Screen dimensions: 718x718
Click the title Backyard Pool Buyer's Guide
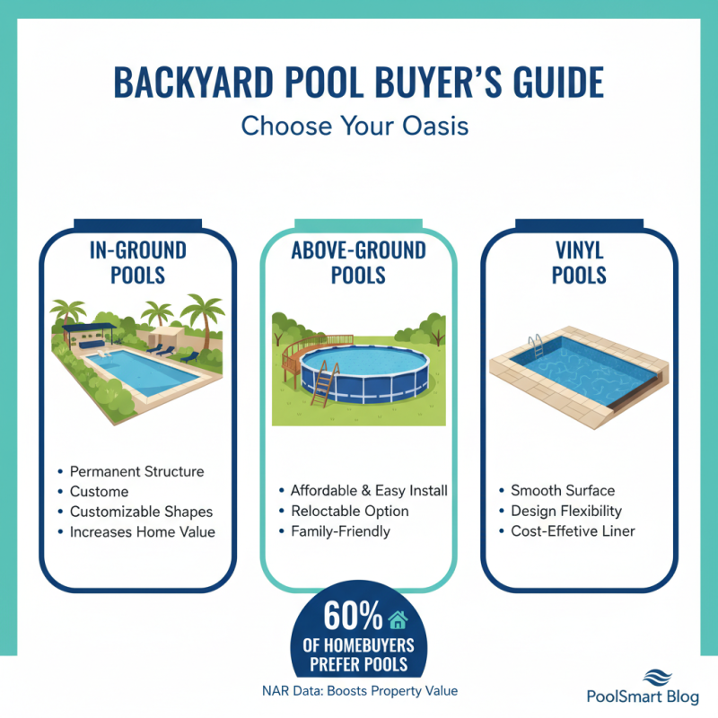click(x=359, y=82)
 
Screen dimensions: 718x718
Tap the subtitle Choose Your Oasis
click(x=359, y=125)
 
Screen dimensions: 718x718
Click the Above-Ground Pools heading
click(x=358, y=262)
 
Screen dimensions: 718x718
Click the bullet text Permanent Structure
click(x=136, y=471)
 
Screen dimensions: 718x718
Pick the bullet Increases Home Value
click(x=142, y=531)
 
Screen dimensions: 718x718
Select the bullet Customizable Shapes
click(x=141, y=512)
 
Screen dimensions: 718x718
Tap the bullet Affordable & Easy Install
click(x=368, y=491)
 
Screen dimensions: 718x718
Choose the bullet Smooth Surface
click(x=563, y=491)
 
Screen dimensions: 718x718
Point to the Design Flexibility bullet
click(x=566, y=512)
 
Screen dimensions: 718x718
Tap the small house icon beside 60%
click(x=397, y=618)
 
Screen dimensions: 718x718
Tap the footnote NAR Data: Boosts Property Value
click(x=359, y=691)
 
